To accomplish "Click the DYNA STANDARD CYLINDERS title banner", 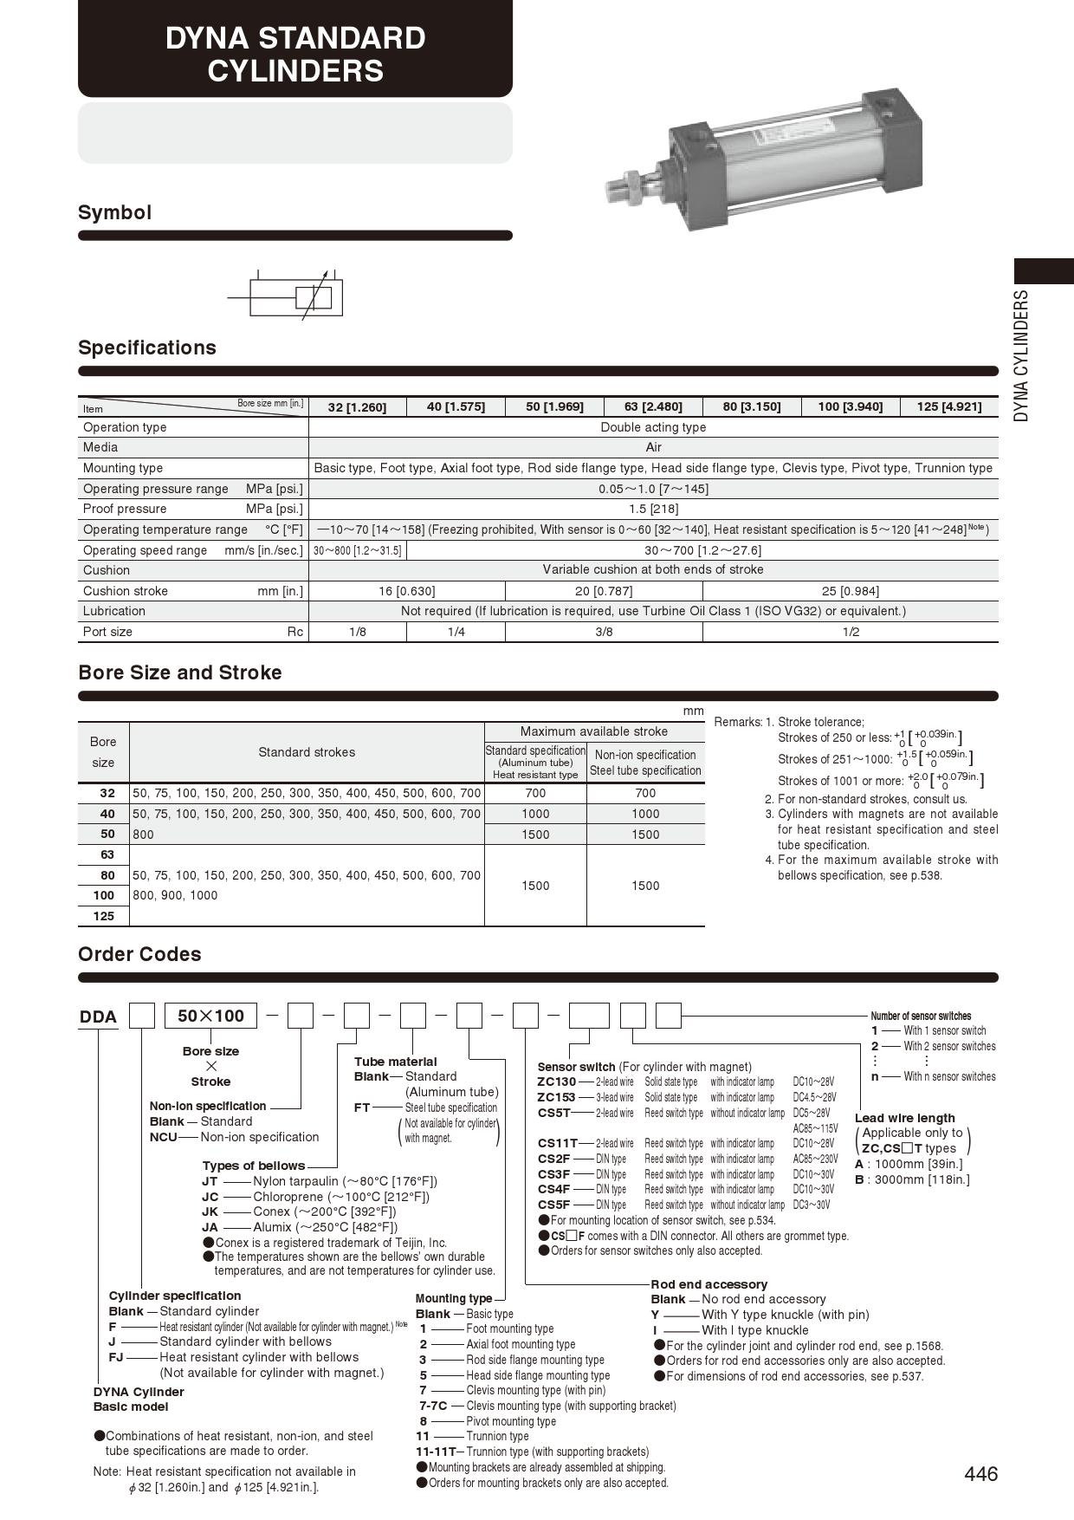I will pyautogui.click(x=295, y=54).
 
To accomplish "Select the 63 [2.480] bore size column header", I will pyautogui.click(x=653, y=406).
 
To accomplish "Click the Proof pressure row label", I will pyautogui.click(x=125, y=509).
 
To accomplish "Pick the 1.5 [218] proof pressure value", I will pyautogui.click(x=653, y=509).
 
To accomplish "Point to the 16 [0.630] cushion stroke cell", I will pyautogui.click(x=406, y=591).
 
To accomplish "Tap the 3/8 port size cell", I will pyautogui.click(x=604, y=632).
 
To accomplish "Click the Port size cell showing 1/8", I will pyautogui.click(x=357, y=632).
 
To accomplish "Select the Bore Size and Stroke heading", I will pyautogui.click(x=180, y=672).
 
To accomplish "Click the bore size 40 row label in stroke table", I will pyautogui.click(x=107, y=814).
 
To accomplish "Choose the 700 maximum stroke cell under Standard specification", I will pyautogui.click(x=535, y=793).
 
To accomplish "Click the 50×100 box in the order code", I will pyautogui.click(x=210, y=1016).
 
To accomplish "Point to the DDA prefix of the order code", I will pyautogui.click(x=98, y=1017).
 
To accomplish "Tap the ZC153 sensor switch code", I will pyautogui.click(x=556, y=1097).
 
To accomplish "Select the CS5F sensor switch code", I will pyautogui.click(x=554, y=1205).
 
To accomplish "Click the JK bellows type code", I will pyautogui.click(x=210, y=1211).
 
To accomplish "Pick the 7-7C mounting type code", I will pyautogui.click(x=433, y=1406).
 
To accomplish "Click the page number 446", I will pyautogui.click(x=980, y=1473).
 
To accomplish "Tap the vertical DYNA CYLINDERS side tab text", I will pyautogui.click(x=1022, y=355).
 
